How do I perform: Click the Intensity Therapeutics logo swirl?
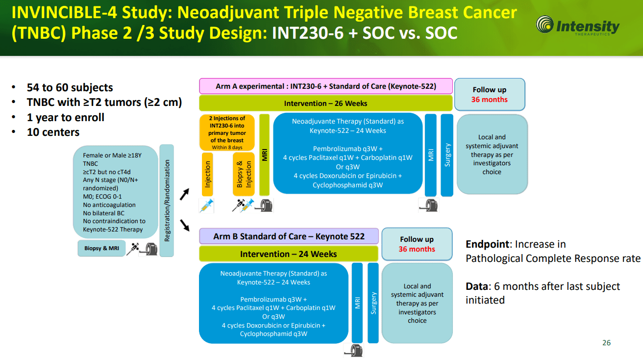coord(544,24)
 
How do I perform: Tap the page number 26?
coord(606,343)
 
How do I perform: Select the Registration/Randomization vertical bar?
coord(167,201)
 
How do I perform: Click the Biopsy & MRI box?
coord(101,248)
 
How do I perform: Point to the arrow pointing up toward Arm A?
coord(185,194)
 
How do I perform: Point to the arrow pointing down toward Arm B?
coord(185,225)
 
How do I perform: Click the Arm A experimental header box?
coord(326,86)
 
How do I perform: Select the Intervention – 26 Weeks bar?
coord(326,103)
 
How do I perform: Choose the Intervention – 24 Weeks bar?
coord(289,254)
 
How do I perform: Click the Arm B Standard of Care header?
coord(289,236)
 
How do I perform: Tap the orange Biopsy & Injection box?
coord(244,174)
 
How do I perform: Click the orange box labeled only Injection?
coord(207,174)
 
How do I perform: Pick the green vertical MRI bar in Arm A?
coord(264,155)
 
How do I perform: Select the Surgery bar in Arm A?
coord(447,155)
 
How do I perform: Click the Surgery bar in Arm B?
coord(373,303)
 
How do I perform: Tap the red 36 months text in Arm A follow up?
coord(490,100)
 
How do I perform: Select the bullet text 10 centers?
coord(53,132)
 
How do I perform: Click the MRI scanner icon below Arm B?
coord(354,351)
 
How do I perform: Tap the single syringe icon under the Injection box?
coord(207,206)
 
